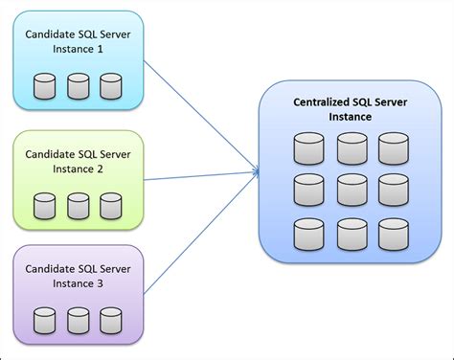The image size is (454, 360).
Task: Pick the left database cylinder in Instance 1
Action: [43, 88]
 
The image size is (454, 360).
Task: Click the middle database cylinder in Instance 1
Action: [78, 88]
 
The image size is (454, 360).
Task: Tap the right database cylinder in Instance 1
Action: [111, 88]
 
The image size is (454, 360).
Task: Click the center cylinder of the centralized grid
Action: [352, 190]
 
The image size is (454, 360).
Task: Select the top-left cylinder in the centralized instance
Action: [308, 148]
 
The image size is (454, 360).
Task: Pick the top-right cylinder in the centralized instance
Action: [394, 148]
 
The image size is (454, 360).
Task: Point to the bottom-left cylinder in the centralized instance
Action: [308, 233]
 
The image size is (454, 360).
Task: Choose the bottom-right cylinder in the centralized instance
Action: [394, 233]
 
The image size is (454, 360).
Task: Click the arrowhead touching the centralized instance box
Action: [257, 172]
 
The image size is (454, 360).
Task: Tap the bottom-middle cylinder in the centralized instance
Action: [352, 233]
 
